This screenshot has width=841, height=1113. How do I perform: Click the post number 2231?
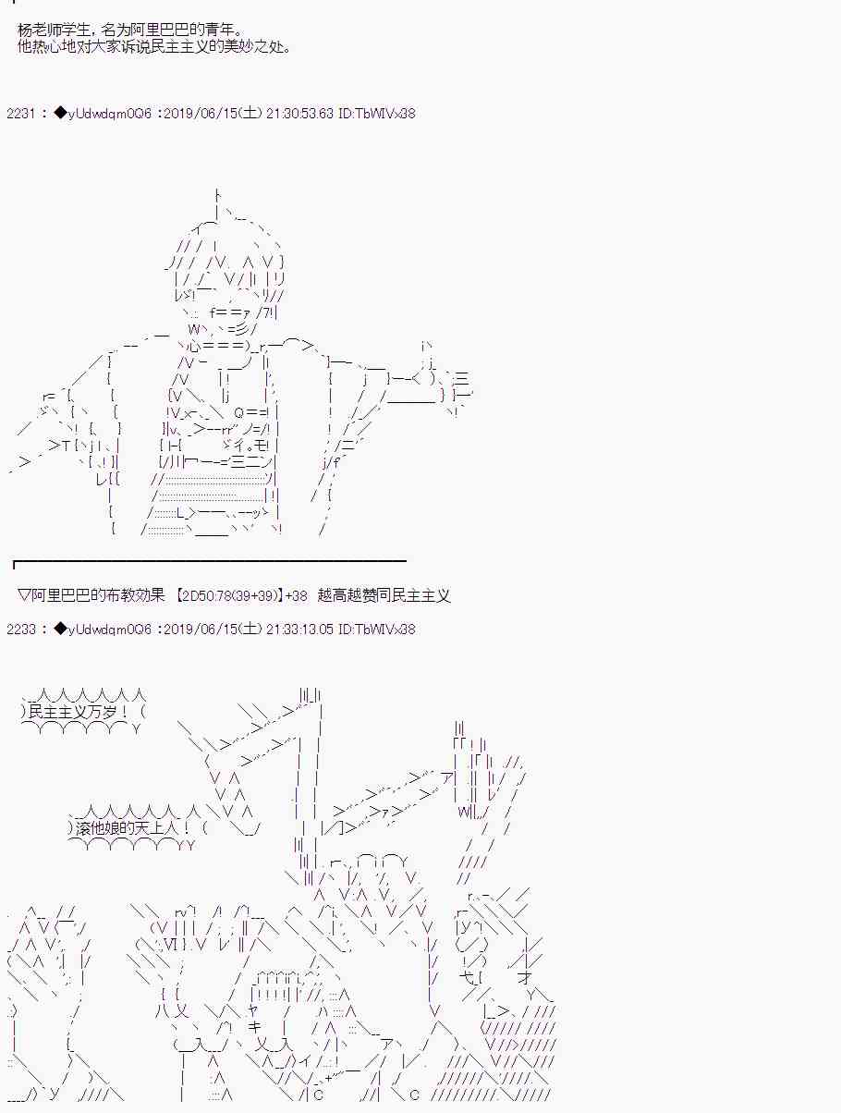coord(20,113)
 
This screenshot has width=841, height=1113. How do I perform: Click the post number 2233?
coord(20,630)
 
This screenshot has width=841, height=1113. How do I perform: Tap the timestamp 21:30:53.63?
coord(299,113)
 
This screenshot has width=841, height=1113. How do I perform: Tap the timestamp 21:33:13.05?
coord(299,630)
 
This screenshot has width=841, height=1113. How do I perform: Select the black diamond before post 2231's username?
coord(60,113)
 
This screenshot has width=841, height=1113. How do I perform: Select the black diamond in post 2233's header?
coord(60,629)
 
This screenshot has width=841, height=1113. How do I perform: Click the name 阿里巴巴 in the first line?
coord(160,30)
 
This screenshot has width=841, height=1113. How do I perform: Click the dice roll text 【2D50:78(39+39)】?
coord(228,594)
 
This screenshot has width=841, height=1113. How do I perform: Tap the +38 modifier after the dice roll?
coord(296,594)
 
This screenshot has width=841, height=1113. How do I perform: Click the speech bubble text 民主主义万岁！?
coord(79,712)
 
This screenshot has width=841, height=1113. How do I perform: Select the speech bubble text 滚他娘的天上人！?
coord(133,828)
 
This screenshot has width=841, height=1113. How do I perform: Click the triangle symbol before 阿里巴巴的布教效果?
coord(24,594)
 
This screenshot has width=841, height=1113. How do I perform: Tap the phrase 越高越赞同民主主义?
coord(384,594)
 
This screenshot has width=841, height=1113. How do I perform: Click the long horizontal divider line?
coord(210,561)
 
